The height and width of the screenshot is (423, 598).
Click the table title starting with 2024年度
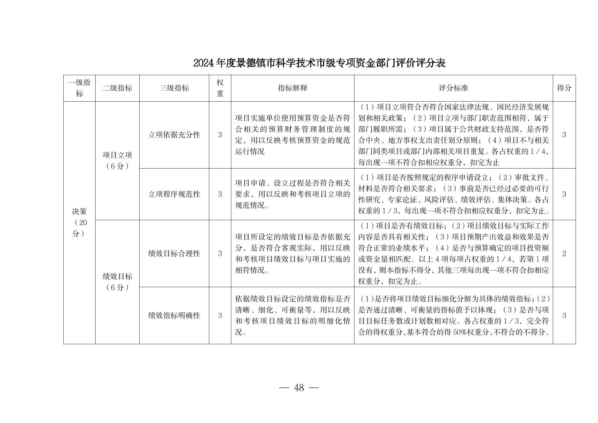(x=319, y=63)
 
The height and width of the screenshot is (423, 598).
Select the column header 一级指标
(x=79, y=88)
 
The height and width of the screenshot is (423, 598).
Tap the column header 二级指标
(x=117, y=88)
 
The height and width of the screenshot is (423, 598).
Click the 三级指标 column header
(x=174, y=88)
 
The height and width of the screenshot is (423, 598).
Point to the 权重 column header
(x=220, y=88)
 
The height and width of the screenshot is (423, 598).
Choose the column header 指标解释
(x=292, y=88)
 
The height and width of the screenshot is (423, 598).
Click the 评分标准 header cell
(x=453, y=88)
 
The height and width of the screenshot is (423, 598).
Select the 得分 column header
(x=564, y=88)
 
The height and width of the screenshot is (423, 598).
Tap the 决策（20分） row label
(x=79, y=223)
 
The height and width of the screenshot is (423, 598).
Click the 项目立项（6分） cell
(x=117, y=160)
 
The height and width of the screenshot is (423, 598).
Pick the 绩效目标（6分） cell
(x=117, y=282)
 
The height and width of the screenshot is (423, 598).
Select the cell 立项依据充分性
(x=174, y=135)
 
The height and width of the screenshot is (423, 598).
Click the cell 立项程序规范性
(x=174, y=194)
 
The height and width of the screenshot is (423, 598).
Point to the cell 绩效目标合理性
(x=174, y=253)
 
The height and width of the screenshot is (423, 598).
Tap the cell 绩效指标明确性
(x=174, y=315)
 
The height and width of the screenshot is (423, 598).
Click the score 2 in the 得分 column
(x=564, y=253)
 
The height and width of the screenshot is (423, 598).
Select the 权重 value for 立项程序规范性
(x=220, y=194)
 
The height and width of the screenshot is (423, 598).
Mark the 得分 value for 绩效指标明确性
(x=564, y=315)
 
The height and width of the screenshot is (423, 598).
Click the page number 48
(x=299, y=388)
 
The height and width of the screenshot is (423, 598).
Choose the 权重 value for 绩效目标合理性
(x=220, y=253)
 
